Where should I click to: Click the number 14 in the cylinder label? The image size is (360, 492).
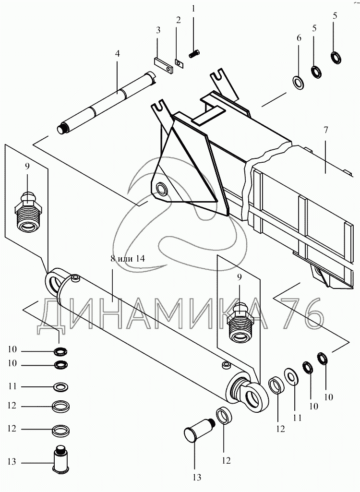(x=139, y=258)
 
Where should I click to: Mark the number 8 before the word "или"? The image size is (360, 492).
(x=112, y=258)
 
